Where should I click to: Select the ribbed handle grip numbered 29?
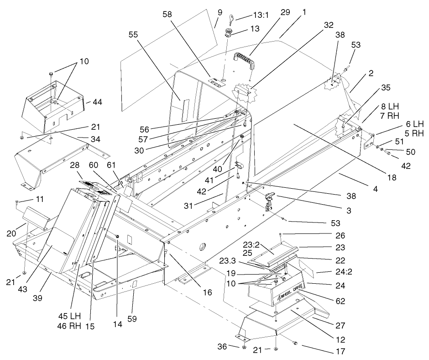(244, 60)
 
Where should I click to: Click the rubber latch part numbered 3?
(270, 199)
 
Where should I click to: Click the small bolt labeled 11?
(15, 201)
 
